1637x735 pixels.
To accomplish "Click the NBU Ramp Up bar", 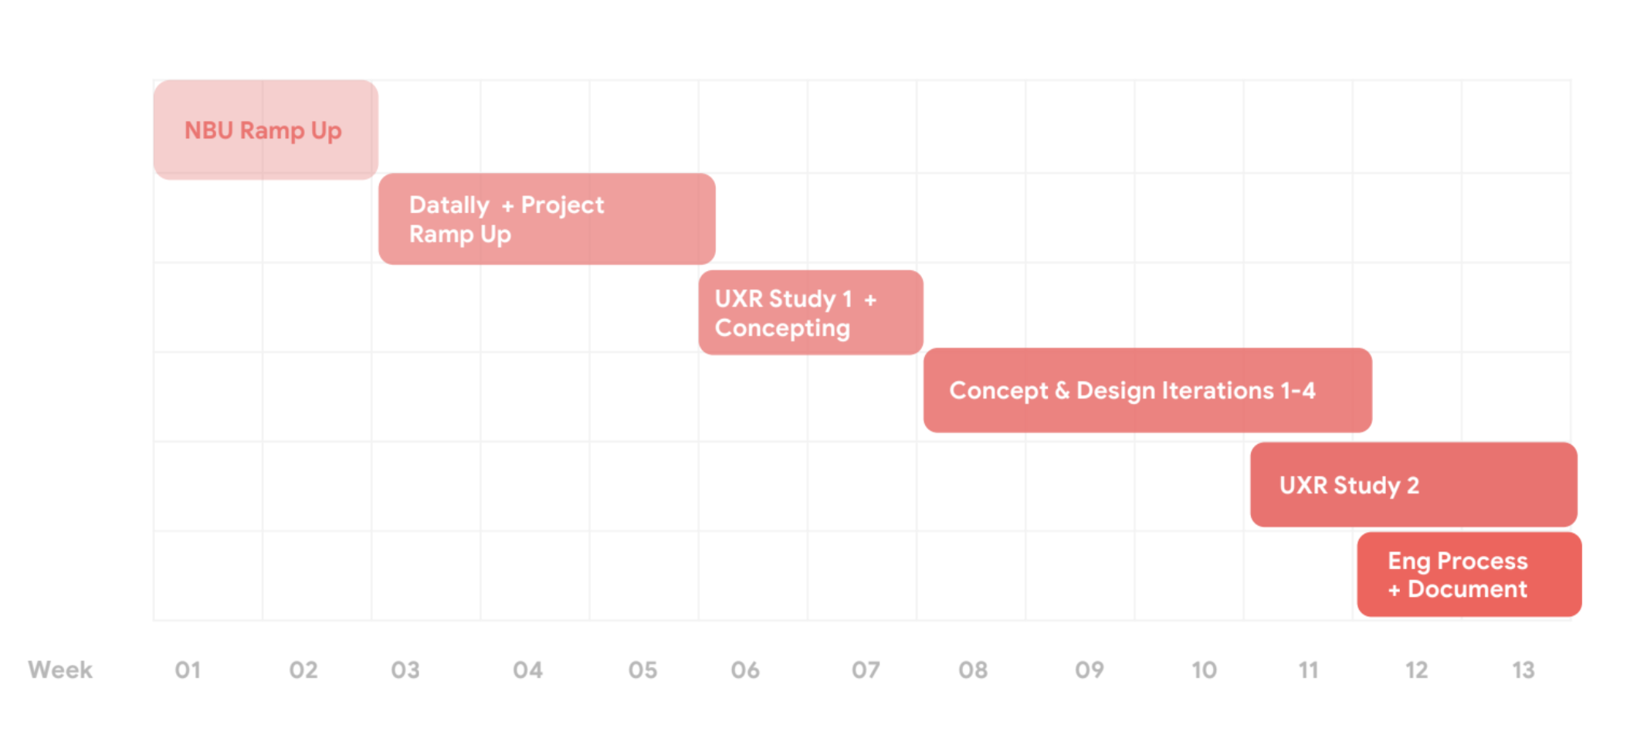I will tap(265, 130).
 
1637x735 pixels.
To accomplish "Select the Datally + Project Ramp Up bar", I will tap(547, 219).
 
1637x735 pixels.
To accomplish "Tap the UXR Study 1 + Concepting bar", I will tap(810, 313).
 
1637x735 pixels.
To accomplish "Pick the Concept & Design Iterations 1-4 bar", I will tap(1147, 391).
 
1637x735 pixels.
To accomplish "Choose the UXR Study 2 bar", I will tap(1413, 485).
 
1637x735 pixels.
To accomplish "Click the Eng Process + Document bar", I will tap(1469, 574).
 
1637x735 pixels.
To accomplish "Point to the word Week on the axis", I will tap(60, 669).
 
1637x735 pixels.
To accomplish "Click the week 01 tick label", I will tap(188, 670).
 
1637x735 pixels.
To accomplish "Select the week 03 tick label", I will tap(405, 670).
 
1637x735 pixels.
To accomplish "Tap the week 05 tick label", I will tap(642, 670).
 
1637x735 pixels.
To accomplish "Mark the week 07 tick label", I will tap(866, 670).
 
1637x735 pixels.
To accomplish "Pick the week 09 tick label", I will tap(1090, 670).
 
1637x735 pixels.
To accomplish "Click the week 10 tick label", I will tap(1204, 670).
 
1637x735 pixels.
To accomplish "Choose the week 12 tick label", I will tap(1416, 670).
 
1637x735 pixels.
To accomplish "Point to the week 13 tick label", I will tap(1523, 670).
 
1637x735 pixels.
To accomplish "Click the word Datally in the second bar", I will tap(449, 205).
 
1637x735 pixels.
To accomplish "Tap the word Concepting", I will tap(782, 328).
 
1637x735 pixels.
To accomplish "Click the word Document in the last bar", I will tap(1467, 589).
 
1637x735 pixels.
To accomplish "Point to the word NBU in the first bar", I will tap(208, 130).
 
